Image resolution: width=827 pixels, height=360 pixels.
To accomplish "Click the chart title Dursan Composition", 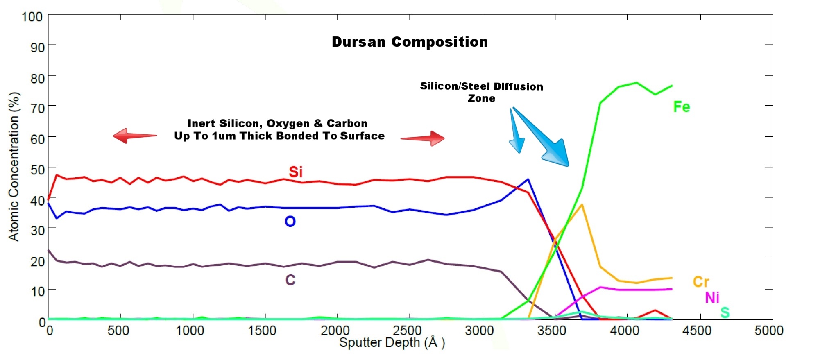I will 410,42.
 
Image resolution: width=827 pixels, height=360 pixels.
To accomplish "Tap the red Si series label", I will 296,172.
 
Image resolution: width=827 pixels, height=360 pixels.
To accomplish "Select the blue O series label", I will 290,222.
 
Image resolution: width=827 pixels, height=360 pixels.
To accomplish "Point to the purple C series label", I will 290,280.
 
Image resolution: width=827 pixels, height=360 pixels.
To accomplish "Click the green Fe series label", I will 682,107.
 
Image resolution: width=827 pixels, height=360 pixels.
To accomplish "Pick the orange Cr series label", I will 701,282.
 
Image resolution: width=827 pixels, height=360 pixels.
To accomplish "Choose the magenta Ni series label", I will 712,298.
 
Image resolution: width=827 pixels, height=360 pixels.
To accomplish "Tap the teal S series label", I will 725,312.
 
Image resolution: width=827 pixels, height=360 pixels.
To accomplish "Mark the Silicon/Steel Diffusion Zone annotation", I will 481,92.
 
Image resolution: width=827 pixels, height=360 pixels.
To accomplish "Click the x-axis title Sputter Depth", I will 392,342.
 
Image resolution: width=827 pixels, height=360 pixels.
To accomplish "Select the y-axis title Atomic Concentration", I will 14,166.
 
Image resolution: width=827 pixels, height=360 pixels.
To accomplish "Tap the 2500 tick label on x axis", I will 407,331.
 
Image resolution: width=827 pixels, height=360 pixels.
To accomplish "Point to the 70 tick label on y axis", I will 37,109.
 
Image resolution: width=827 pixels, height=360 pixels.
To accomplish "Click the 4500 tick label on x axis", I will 696,331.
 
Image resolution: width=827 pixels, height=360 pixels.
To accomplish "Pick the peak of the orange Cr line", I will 582,204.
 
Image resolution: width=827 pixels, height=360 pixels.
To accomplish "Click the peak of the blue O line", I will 528,179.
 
